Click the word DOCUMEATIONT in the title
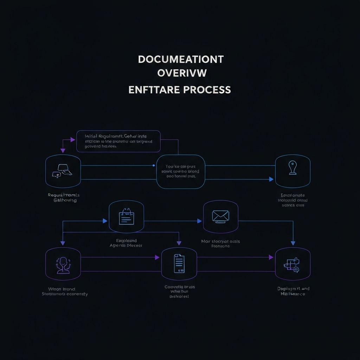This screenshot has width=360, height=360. (180, 59)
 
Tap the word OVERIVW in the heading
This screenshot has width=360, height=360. (182, 73)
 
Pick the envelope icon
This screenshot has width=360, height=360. (220, 216)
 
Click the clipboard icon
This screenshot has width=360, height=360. (126, 217)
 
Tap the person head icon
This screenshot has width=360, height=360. (63, 264)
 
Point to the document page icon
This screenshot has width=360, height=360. (179, 263)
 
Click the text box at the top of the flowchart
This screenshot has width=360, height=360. (118, 141)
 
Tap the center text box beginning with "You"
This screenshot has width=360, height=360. (180, 171)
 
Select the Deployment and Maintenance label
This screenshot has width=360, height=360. (293, 291)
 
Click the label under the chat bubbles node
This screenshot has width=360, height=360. (64, 198)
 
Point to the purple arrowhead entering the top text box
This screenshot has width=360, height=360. (73, 140)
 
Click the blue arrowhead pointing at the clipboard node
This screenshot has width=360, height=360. (105, 221)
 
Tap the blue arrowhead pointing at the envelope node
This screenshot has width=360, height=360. (199, 221)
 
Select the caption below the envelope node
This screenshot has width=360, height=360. (220, 244)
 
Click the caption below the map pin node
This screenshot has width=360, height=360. (293, 200)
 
